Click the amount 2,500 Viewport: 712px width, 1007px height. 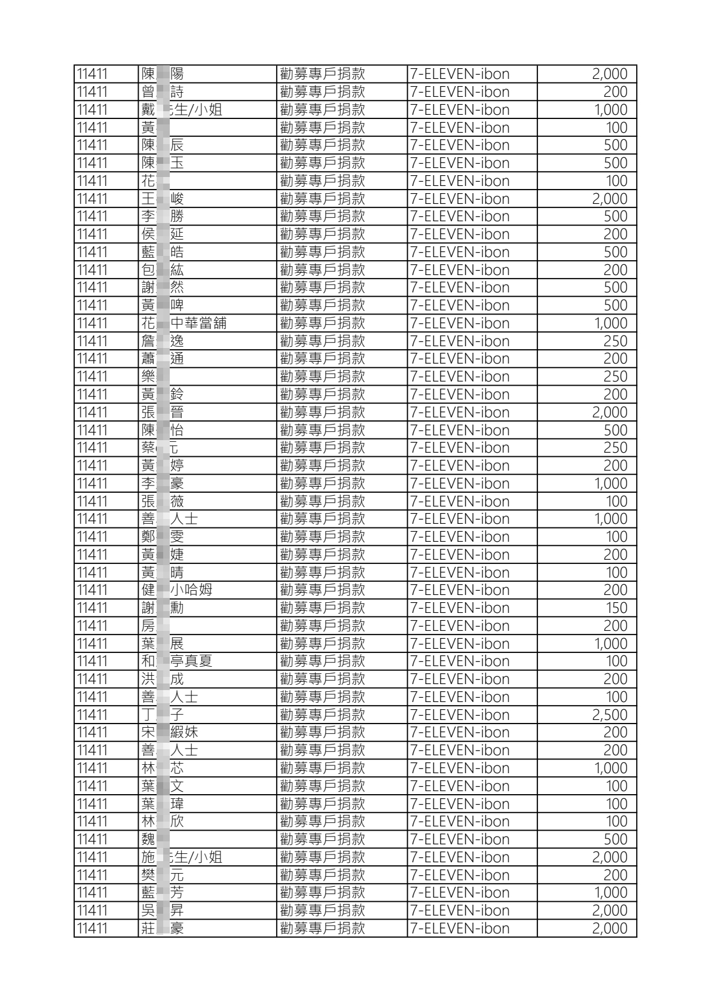click(x=609, y=715)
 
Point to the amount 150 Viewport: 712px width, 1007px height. click(x=616, y=608)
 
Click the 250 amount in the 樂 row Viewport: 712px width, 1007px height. click(x=615, y=377)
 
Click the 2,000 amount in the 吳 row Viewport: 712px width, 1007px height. click(x=609, y=910)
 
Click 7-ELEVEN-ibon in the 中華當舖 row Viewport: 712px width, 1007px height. click(x=460, y=324)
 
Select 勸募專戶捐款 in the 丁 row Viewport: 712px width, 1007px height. click(x=322, y=715)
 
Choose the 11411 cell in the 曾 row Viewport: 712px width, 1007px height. click(x=93, y=92)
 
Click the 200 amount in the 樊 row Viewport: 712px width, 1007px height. click(x=615, y=875)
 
